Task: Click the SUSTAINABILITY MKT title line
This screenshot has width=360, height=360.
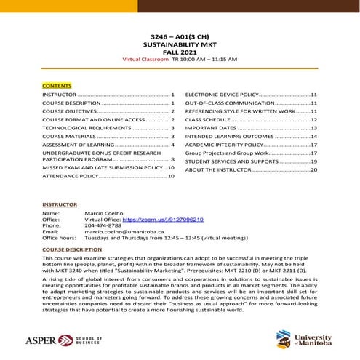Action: tap(180, 43)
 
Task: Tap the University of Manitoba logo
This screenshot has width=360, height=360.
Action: tap(303, 338)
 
